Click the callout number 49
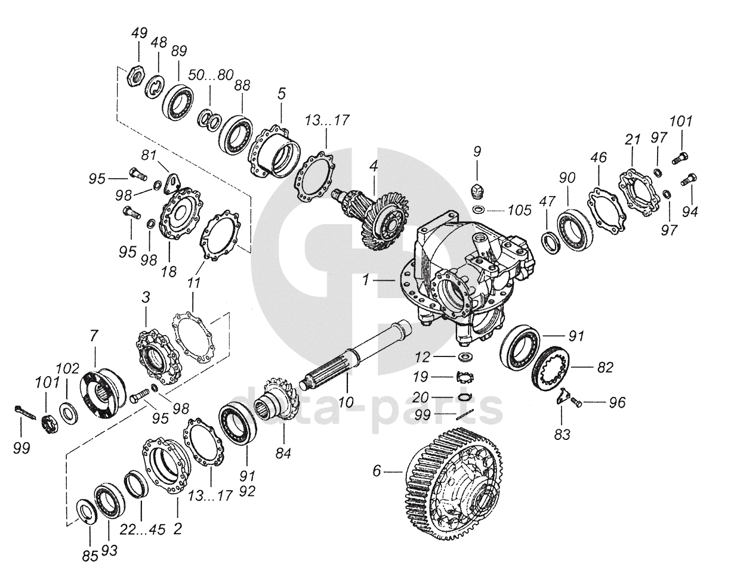tap(139, 33)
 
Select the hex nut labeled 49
tap(137, 76)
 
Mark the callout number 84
tap(282, 454)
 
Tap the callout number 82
tap(604, 368)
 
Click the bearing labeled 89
tap(179, 100)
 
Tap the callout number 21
tap(633, 139)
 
